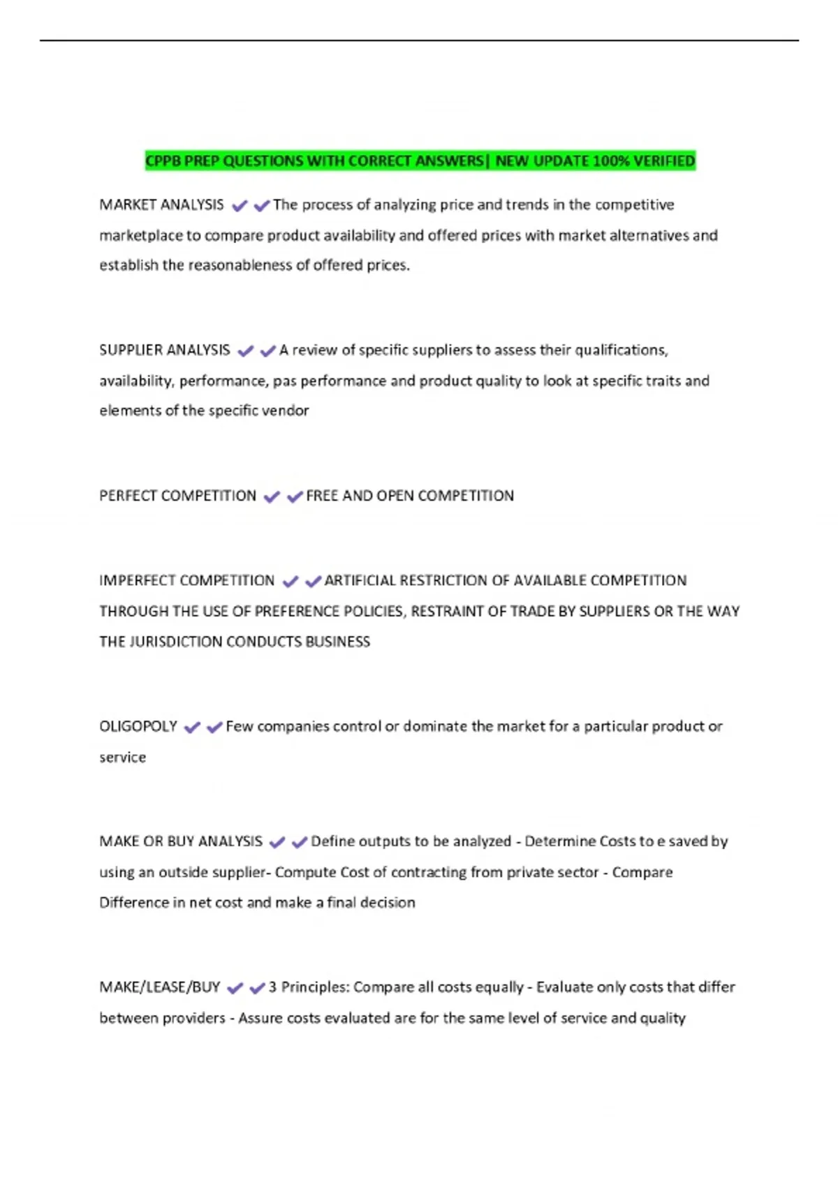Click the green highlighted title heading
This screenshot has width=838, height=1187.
[420, 161]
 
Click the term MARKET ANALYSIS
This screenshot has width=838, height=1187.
[161, 205]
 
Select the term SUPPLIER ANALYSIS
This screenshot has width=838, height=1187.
[164, 350]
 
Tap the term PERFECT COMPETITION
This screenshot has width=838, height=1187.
[177, 496]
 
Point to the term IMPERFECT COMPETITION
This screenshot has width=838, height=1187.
[186, 580]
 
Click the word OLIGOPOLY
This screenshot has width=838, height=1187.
[138, 726]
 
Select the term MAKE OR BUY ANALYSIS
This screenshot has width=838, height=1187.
[181, 841]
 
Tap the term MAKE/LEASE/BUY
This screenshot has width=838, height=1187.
[159, 987]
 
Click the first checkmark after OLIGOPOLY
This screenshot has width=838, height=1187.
[192, 728]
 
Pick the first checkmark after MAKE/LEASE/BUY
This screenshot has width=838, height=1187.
[235, 989]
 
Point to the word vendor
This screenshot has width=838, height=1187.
[288, 411]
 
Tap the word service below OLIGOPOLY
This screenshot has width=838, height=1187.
[122, 758]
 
